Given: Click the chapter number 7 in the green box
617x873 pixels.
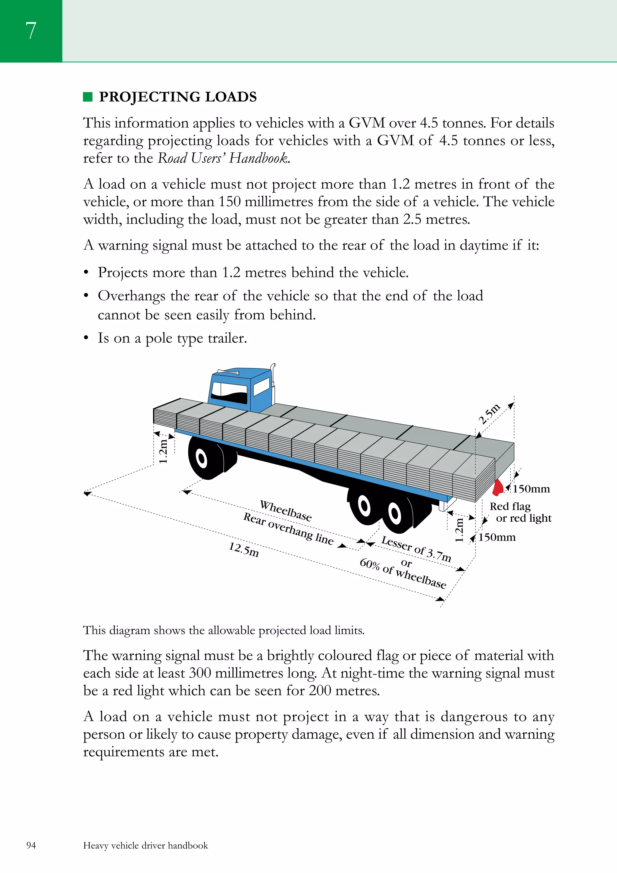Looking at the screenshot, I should pyautogui.click(x=31, y=30).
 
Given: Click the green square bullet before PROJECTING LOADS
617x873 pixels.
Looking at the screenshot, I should pyautogui.click(x=88, y=97).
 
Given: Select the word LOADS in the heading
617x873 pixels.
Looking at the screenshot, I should pyautogui.click(x=231, y=97).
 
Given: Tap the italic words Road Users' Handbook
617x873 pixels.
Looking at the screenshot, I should pyautogui.click(x=224, y=158).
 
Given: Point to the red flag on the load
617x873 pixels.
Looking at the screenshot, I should pyautogui.click(x=498, y=488).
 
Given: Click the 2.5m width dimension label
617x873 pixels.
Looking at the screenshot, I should pyautogui.click(x=489, y=414).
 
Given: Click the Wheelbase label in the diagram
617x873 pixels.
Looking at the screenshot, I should pyautogui.click(x=286, y=511).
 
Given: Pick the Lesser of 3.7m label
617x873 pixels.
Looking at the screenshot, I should pyautogui.click(x=416, y=549).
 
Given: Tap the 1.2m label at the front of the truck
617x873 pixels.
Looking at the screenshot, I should pyautogui.click(x=163, y=451).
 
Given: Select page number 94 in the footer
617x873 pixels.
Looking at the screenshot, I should pyautogui.click(x=31, y=845).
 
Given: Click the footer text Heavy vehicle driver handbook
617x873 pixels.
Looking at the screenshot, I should pyautogui.click(x=146, y=845).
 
